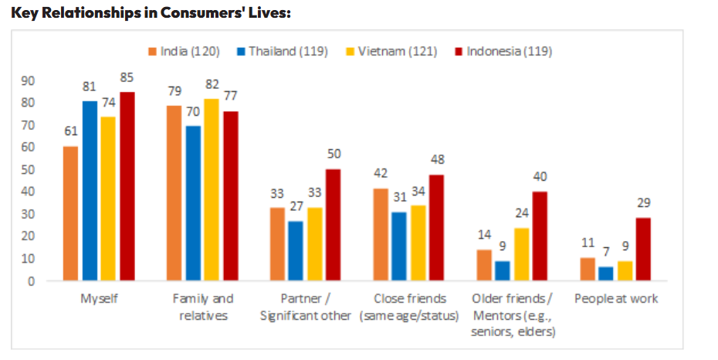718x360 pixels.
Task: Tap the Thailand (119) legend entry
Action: [x=283, y=52]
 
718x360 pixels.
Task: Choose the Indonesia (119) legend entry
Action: [x=503, y=52]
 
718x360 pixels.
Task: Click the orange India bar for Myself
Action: [x=71, y=213]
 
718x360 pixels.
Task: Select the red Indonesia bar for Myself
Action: [x=127, y=186]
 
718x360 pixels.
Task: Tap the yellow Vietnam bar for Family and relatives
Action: [x=212, y=189]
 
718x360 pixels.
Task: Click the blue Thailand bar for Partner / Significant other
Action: [x=296, y=251]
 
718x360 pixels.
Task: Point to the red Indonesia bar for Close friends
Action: [x=436, y=228]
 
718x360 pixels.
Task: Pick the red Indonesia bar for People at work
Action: [x=642, y=249]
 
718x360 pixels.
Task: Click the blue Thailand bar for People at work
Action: [x=605, y=273]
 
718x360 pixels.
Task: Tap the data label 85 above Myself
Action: [x=127, y=77]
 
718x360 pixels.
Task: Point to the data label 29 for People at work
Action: [x=643, y=203]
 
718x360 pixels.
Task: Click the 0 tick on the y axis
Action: [x=31, y=281]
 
